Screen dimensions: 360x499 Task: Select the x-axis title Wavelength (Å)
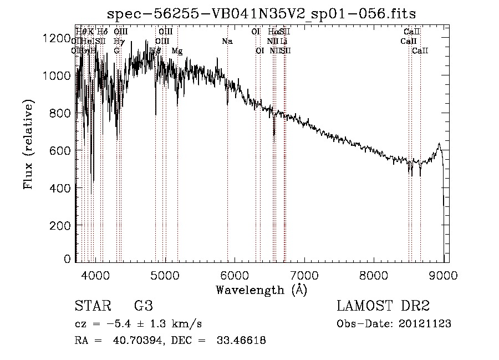click(261, 290)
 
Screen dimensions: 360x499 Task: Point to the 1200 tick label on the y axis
click(57, 38)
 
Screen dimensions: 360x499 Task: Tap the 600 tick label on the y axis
click(60, 150)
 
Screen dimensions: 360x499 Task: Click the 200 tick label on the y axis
click(60, 225)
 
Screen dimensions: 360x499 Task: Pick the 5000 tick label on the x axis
click(164, 275)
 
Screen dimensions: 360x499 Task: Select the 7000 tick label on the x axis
click(304, 275)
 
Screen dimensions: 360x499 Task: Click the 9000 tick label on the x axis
click(444, 275)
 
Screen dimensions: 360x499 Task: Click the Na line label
click(227, 41)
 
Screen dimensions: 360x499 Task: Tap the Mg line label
click(177, 50)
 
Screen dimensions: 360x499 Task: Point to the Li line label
click(284, 41)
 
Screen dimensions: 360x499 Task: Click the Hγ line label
click(118, 41)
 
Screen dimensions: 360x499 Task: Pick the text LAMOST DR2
click(383, 306)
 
